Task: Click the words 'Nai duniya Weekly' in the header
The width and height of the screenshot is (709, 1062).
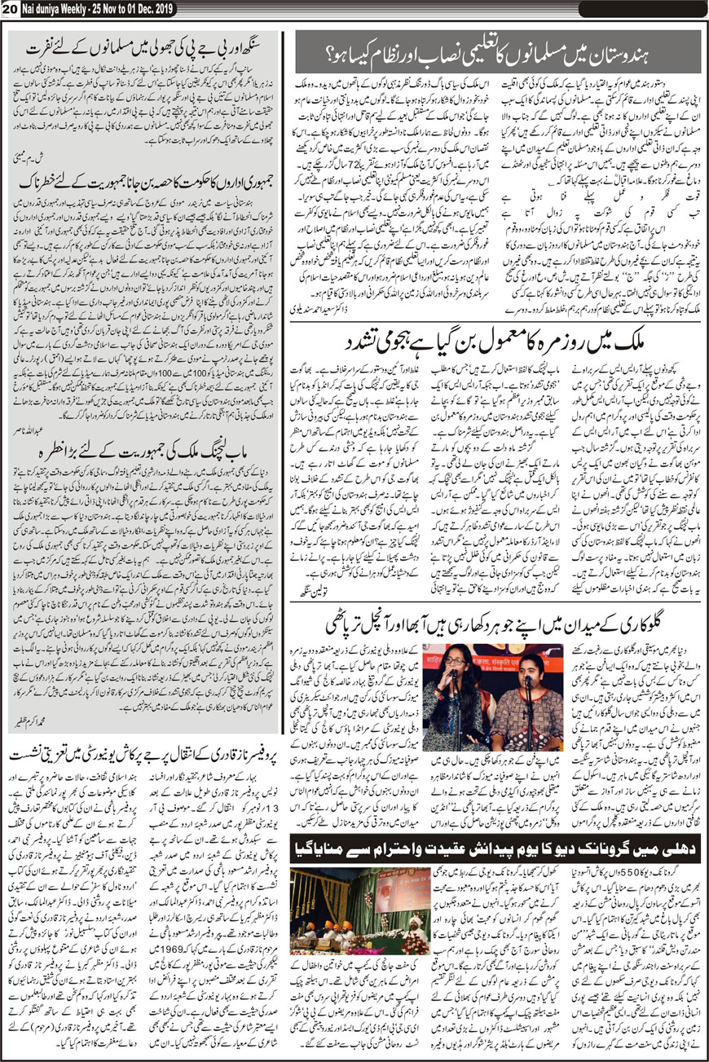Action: [x=51, y=8]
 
